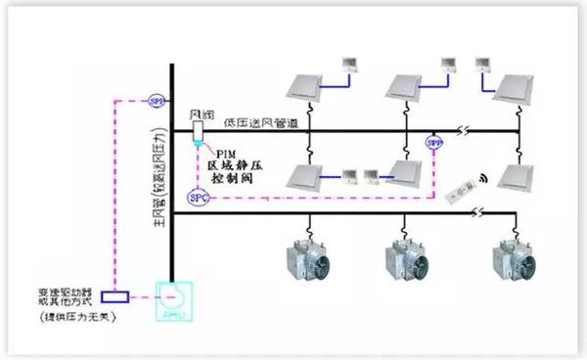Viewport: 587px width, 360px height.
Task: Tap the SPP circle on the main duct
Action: coord(157,100)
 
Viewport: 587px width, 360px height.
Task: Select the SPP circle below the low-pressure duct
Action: coord(434,144)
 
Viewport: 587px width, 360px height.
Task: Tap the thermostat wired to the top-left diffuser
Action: coord(348,66)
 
